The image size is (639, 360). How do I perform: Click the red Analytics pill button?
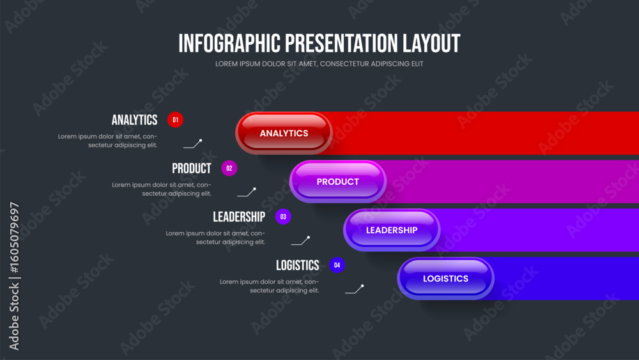click(284, 133)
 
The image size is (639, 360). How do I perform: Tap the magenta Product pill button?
click(338, 182)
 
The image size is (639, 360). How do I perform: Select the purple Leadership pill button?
click(392, 230)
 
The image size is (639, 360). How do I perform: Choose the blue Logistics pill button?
click(445, 278)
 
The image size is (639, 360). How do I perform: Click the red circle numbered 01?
click(175, 120)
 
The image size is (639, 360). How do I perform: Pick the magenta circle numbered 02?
click(229, 168)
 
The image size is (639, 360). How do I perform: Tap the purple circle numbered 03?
click(283, 217)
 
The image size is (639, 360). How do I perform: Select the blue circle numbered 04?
click(337, 265)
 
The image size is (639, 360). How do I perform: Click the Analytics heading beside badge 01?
click(134, 120)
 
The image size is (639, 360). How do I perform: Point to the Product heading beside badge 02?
click(192, 168)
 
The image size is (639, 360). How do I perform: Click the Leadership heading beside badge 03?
click(239, 217)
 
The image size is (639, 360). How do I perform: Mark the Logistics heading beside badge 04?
click(298, 265)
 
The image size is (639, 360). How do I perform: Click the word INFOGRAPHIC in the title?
click(229, 43)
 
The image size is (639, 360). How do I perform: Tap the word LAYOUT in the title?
click(431, 43)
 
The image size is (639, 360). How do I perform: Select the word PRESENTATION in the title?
click(341, 43)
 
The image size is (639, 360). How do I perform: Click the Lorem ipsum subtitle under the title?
click(319, 64)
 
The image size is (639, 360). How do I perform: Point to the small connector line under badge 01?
click(192, 144)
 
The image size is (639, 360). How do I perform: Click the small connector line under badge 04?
click(354, 289)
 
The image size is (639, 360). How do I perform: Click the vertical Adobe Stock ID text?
click(14, 276)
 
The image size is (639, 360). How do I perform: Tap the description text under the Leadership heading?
click(215, 238)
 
